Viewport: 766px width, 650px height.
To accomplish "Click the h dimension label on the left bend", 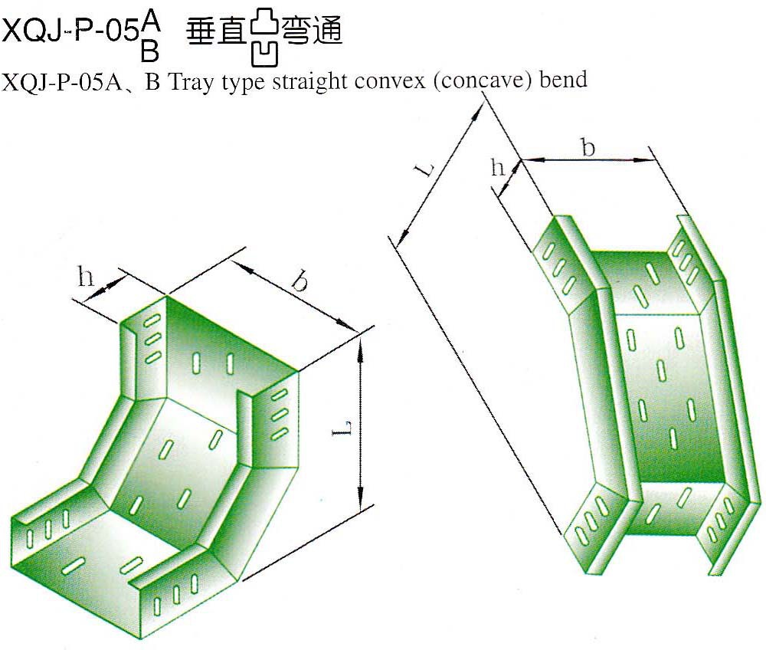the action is (x=85, y=276).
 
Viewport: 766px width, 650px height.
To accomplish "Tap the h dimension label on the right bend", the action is (x=498, y=167).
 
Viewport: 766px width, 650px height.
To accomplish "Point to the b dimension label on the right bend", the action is (x=588, y=147).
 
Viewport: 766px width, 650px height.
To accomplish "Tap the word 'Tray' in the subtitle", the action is (x=187, y=80).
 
